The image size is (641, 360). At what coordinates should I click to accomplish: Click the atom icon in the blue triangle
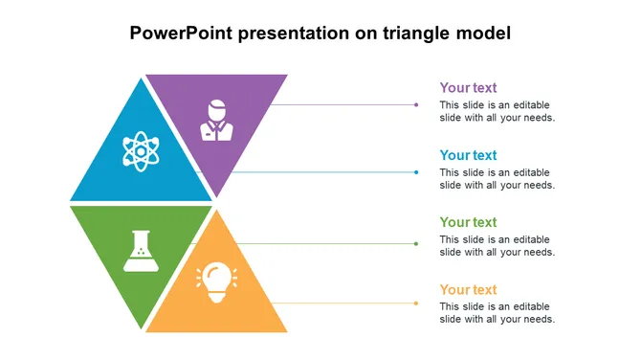tap(141, 151)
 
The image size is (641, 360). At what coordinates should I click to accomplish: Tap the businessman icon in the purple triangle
tap(216, 121)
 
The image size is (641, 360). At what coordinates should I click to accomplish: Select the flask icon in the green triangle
tap(141, 251)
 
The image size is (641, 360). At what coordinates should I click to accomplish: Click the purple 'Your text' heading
tap(468, 87)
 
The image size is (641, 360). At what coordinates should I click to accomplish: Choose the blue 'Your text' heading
tap(468, 155)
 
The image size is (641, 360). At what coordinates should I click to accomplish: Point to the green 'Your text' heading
tap(468, 222)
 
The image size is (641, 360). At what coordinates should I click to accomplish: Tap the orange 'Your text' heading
tap(468, 290)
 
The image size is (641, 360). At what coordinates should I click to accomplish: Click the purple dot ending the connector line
tap(416, 104)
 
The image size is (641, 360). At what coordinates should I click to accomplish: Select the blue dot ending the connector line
tap(416, 172)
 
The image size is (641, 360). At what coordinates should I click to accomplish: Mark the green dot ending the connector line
tap(416, 244)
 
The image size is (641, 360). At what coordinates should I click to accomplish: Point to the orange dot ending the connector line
tap(416, 304)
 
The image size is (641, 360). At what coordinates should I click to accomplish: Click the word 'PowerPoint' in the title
tap(181, 33)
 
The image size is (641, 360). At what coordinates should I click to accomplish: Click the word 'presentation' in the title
tap(294, 34)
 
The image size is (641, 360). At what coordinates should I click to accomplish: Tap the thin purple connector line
tap(343, 104)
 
